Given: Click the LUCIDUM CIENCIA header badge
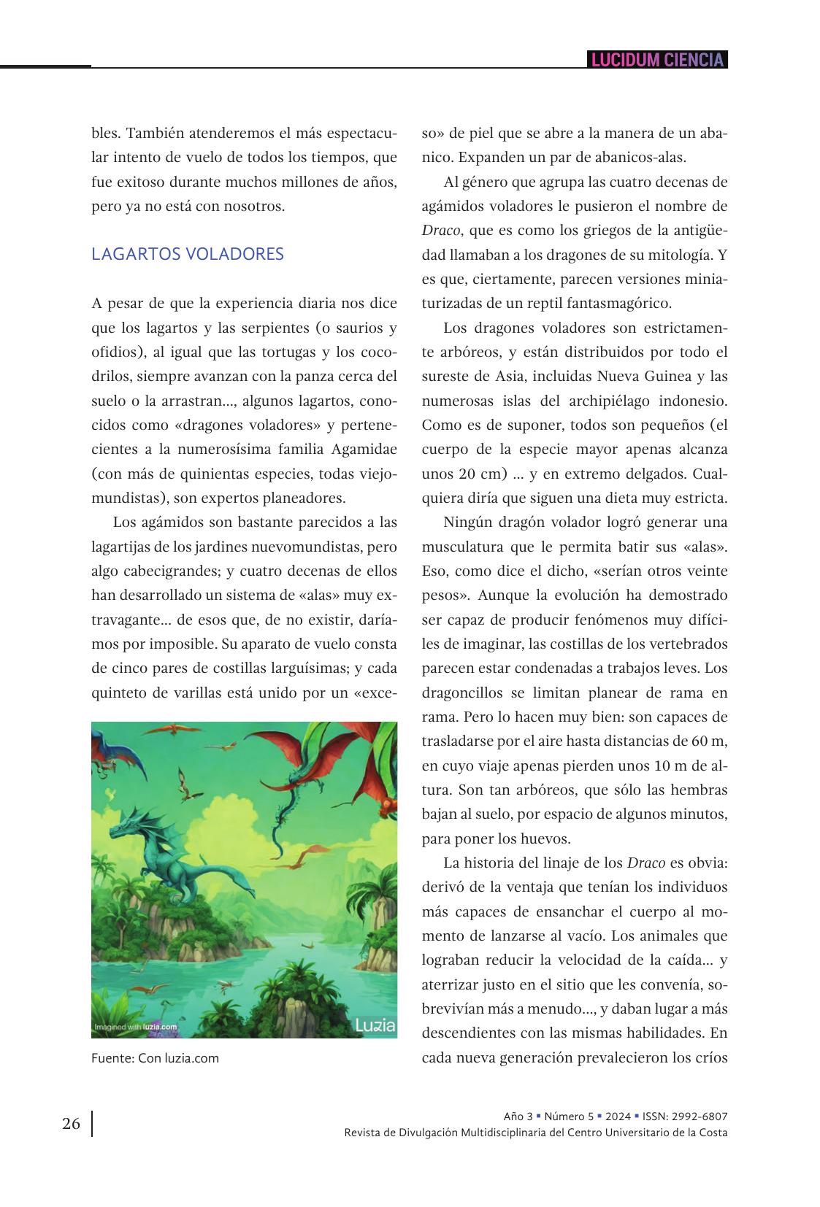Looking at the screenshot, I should click(657, 60).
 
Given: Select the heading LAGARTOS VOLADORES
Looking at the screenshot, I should click(188, 254).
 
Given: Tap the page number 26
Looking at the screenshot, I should click(71, 1123).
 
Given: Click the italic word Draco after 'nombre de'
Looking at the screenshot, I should click(441, 231).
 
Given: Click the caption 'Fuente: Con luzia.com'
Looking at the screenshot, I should click(155, 1057).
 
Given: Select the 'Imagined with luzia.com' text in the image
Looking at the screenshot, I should click(136, 1027).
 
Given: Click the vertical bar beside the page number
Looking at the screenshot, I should click(92, 1124).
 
